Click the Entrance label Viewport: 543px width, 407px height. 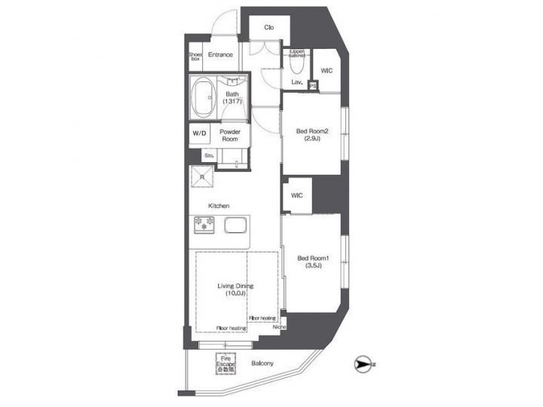220,54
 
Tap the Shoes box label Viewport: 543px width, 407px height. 195,56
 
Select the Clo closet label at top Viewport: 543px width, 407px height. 268,28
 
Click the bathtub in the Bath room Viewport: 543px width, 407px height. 203,99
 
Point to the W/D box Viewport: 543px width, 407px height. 199,133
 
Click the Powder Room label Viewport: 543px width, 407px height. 230,135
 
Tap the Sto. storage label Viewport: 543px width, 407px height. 209,156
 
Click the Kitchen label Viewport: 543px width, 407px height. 219,206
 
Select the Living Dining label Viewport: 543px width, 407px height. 235,289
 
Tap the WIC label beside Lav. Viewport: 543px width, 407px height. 327,70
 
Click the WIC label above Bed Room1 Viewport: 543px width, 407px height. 296,196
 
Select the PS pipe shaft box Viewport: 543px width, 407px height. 313,85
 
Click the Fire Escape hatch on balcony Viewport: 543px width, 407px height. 226,365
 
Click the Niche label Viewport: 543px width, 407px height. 279,327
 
